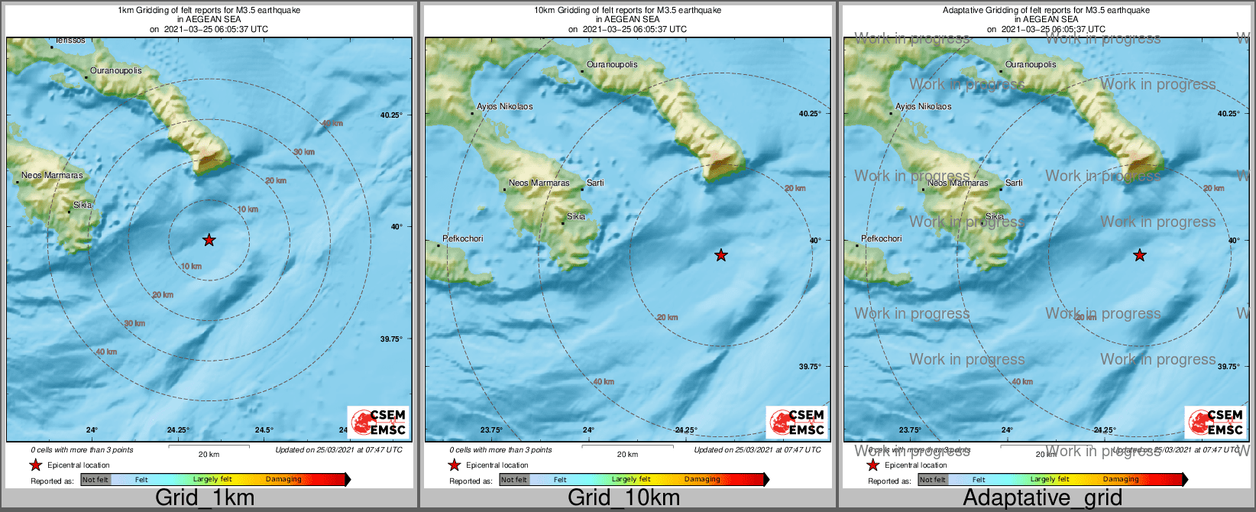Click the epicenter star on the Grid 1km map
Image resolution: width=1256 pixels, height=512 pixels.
click(x=209, y=240)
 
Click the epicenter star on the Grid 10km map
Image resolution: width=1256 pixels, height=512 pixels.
click(x=720, y=255)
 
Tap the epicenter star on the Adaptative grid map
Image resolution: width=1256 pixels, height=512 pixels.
click(x=1139, y=255)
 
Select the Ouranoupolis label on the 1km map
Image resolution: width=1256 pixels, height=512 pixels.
click(x=115, y=70)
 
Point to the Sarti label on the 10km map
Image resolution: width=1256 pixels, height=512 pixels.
click(x=595, y=183)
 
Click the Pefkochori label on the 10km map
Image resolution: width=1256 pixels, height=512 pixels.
click(x=463, y=238)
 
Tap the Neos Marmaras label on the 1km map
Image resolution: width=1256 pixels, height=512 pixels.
click(x=52, y=175)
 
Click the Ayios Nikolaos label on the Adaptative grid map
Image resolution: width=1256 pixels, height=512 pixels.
click(x=923, y=106)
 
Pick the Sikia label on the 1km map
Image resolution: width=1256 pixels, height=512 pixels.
click(x=83, y=205)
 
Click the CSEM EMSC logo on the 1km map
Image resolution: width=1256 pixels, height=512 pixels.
click(x=378, y=422)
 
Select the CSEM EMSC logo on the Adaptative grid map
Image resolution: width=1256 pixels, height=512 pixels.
click(x=1216, y=422)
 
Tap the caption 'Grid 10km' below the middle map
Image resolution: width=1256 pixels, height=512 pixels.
click(x=623, y=497)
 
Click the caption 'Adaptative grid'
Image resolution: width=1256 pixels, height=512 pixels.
click(x=1042, y=497)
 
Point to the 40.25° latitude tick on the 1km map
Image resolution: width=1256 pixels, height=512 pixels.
click(x=391, y=115)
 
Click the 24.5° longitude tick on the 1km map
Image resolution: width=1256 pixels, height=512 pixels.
click(x=264, y=430)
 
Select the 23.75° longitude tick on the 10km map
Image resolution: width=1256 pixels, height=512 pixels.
click(x=490, y=430)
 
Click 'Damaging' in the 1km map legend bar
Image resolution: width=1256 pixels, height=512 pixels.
click(x=283, y=479)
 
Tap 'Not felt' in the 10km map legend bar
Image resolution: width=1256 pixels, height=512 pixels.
click(x=514, y=480)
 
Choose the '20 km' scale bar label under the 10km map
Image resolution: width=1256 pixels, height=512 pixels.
click(x=627, y=454)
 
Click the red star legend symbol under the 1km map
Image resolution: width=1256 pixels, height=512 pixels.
click(x=35, y=465)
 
